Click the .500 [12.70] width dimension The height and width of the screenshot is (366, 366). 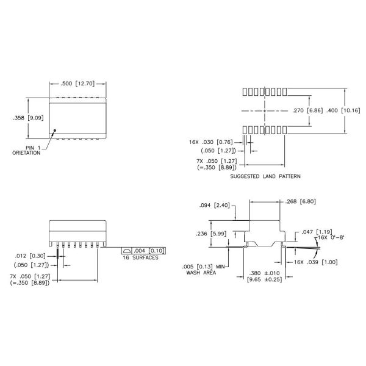(x=77, y=84)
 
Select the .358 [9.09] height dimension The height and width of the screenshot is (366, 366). (x=28, y=118)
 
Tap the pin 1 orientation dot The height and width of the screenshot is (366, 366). (x=55, y=131)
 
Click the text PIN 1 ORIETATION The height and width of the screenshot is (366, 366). (x=26, y=150)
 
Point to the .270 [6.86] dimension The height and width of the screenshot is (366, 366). (x=307, y=110)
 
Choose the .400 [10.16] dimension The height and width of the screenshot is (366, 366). (x=343, y=110)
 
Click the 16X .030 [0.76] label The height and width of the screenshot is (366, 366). (x=211, y=142)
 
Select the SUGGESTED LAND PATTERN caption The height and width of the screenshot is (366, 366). (x=265, y=176)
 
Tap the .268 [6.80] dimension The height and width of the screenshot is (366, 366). (x=300, y=201)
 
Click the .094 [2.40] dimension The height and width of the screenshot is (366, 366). (x=215, y=205)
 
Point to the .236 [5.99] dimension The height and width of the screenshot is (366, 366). (x=211, y=234)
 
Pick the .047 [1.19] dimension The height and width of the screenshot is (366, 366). (x=317, y=232)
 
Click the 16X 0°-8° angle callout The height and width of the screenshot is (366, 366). (x=331, y=237)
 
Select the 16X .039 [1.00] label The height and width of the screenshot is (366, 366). (x=316, y=262)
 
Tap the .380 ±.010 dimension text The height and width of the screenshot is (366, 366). (x=265, y=273)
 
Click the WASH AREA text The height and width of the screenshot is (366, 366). (x=201, y=273)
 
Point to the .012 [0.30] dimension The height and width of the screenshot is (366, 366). (x=30, y=256)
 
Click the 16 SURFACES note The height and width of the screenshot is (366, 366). (x=140, y=257)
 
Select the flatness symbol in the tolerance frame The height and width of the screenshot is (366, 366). (x=127, y=251)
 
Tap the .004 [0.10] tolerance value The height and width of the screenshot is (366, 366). (x=149, y=251)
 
